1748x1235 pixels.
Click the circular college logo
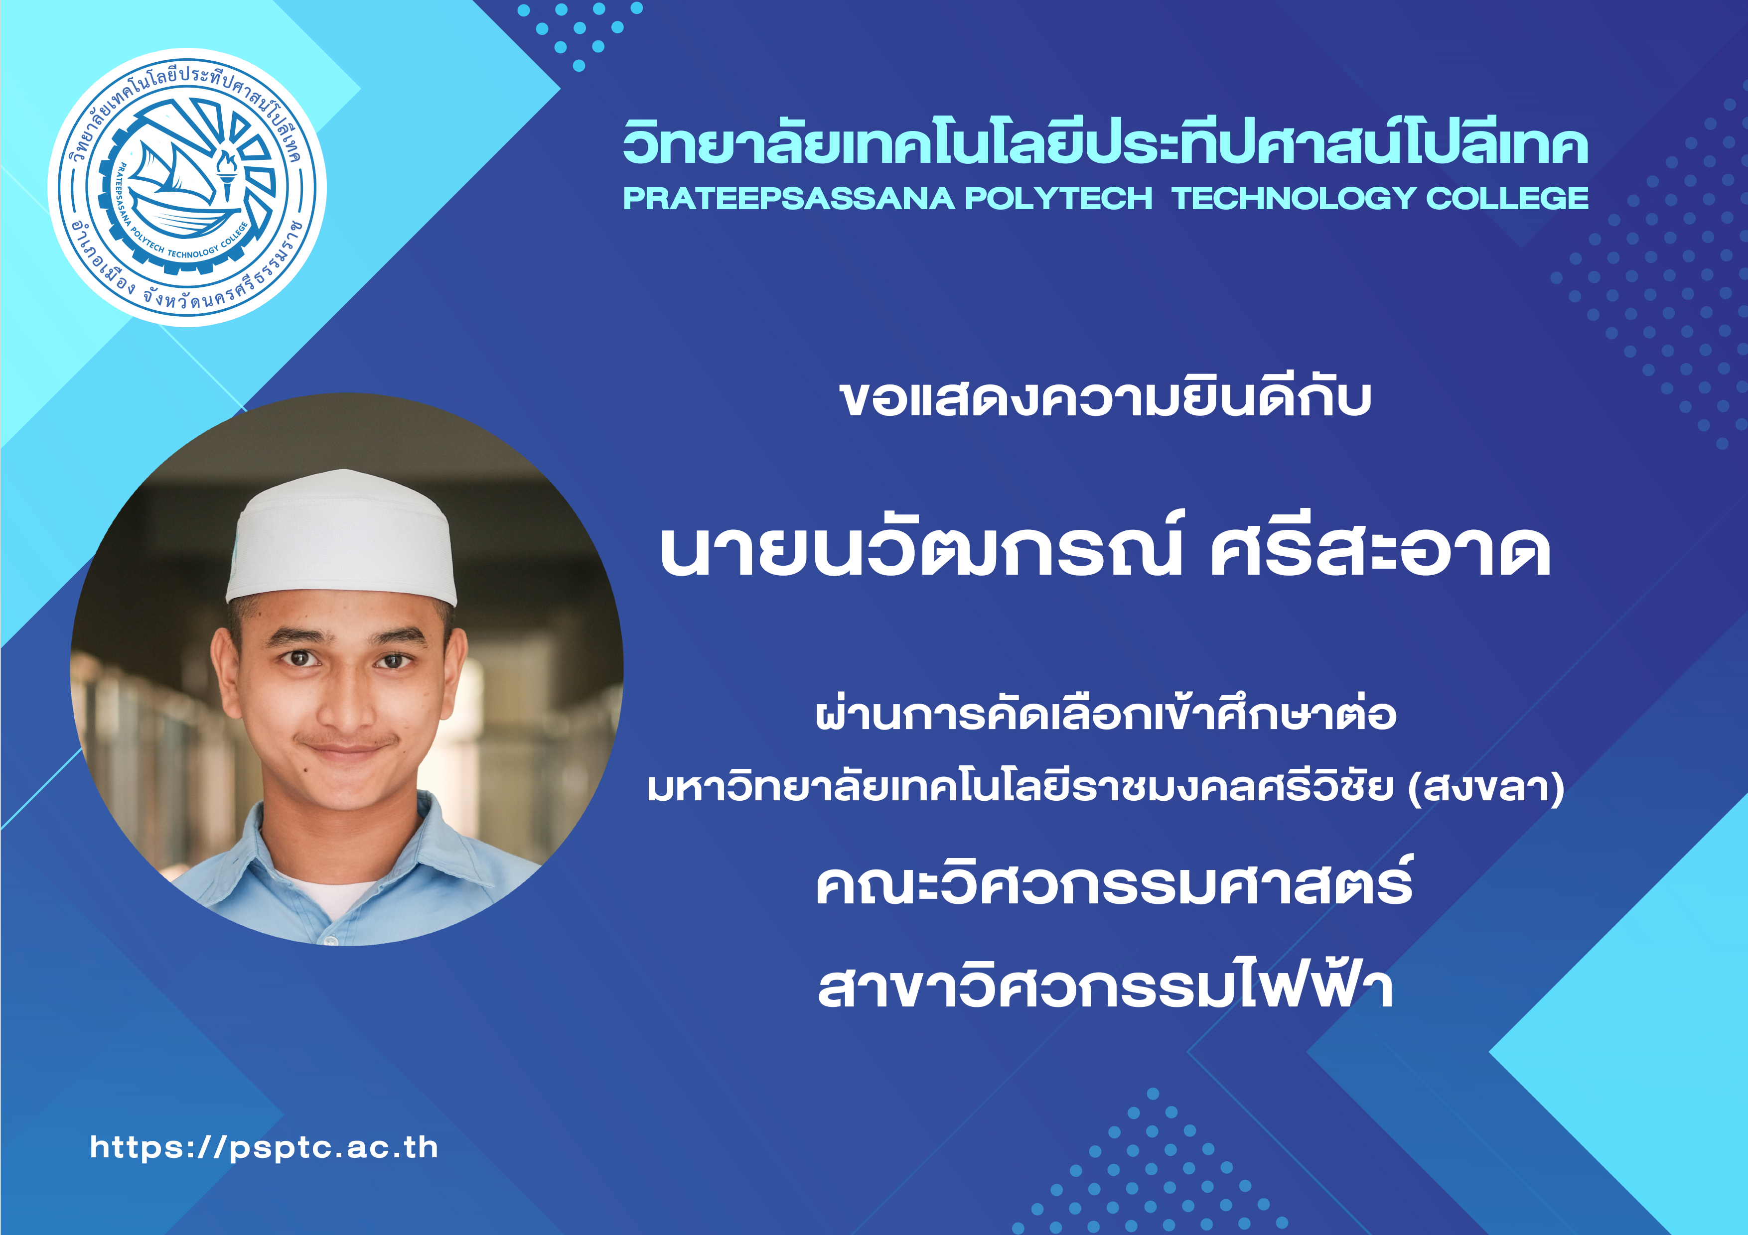tap(187, 188)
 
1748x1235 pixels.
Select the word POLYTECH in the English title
tap(1059, 199)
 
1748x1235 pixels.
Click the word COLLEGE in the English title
tap(1507, 199)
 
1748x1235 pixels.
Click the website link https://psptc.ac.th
tap(264, 1147)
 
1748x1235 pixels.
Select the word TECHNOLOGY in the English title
tap(1294, 199)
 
